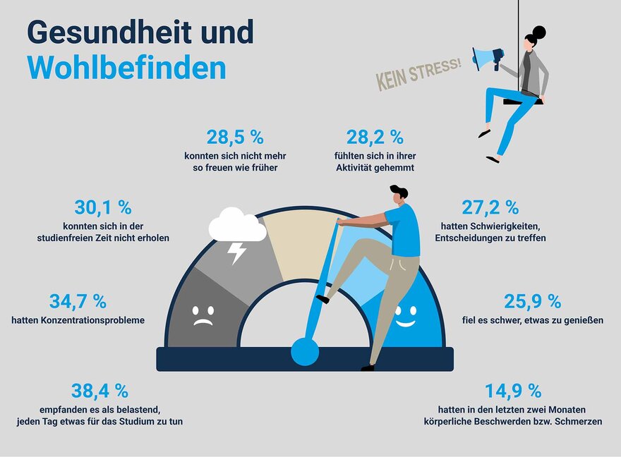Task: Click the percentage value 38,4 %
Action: (100, 391)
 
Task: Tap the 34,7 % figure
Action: (78, 301)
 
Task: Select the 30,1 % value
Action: (103, 207)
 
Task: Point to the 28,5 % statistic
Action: (235, 137)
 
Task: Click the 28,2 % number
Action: (375, 137)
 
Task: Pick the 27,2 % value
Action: (490, 207)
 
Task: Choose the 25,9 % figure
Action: (533, 301)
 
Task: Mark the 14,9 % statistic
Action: (513, 391)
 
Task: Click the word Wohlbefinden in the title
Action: (127, 67)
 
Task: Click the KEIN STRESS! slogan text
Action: (418, 75)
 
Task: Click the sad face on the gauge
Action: (203, 315)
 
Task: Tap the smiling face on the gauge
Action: (405, 315)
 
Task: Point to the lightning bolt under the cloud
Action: (238, 252)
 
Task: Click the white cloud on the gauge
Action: (236, 226)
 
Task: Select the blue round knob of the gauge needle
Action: (305, 351)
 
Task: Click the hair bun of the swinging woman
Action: (539, 32)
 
